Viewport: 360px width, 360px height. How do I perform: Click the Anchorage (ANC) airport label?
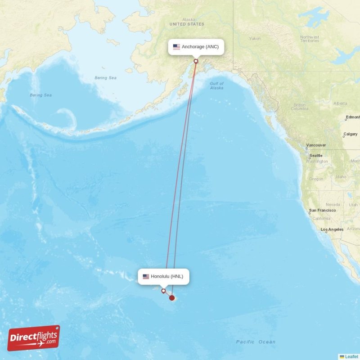click(196, 47)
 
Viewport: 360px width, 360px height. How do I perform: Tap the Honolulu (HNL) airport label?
click(164, 276)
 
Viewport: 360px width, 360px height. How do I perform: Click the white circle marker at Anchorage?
click(196, 61)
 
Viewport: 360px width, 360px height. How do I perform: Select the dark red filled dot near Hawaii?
click(172, 297)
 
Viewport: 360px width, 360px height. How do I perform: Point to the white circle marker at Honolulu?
click(163, 291)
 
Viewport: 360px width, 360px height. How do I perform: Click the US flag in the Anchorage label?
click(176, 47)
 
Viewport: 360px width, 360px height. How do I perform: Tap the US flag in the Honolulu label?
click(146, 276)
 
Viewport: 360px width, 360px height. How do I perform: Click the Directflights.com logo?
click(34, 338)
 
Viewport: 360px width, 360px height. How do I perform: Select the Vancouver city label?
click(316, 145)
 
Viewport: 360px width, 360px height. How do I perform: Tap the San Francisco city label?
click(322, 210)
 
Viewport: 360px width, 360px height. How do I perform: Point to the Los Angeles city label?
click(332, 229)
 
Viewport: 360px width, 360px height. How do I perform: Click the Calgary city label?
click(350, 134)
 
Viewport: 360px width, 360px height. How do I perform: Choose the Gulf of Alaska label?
click(216, 85)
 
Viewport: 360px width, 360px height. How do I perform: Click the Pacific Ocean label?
click(256, 342)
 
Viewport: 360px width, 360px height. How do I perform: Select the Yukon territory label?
click(255, 39)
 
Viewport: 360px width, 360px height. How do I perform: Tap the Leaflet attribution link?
click(351, 356)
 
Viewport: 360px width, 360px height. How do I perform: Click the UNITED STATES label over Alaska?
click(187, 24)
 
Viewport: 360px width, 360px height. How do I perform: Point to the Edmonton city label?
click(353, 117)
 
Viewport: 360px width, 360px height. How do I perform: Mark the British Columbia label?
click(299, 107)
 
